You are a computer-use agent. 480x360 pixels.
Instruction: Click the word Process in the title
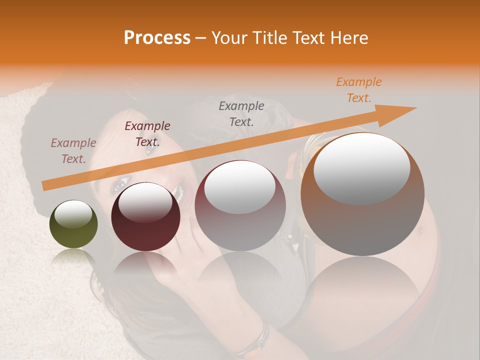pyautogui.click(x=157, y=38)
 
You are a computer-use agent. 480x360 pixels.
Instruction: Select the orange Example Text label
pyautogui.click(x=358, y=90)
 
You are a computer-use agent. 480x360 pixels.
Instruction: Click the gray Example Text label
pyautogui.click(x=241, y=113)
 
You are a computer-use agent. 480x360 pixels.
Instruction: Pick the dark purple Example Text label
pyautogui.click(x=147, y=133)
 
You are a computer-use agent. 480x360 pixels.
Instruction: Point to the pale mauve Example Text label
pyautogui.click(x=73, y=150)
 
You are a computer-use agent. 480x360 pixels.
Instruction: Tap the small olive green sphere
pyautogui.click(x=73, y=224)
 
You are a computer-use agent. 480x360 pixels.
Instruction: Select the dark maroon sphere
pyautogui.click(x=145, y=217)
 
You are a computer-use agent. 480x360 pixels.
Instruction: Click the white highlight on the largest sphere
pyautogui.click(x=361, y=167)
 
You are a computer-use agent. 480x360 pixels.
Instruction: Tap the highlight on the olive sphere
pyautogui.click(x=73, y=215)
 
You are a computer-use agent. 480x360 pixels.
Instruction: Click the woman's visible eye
pyautogui.click(x=118, y=186)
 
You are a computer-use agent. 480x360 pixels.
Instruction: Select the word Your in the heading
pyautogui.click(x=228, y=38)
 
